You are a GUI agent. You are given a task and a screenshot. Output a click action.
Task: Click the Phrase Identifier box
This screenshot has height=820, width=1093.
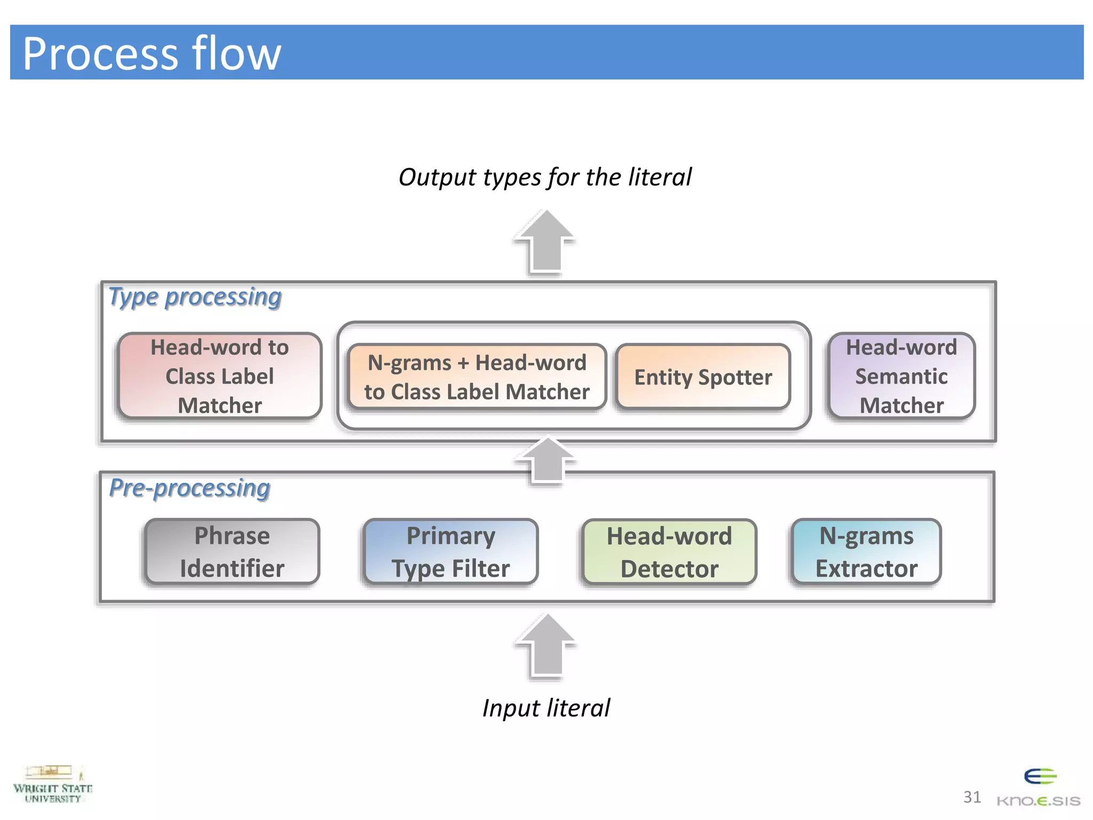(232, 551)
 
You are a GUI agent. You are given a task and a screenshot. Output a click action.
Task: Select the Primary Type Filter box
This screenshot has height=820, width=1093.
(450, 551)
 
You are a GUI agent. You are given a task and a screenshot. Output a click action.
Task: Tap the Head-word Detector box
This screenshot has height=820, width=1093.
(669, 552)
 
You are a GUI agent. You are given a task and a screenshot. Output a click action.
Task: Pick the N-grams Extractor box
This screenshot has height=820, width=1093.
(866, 551)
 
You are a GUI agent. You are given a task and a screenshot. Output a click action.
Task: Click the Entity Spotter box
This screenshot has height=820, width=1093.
(703, 377)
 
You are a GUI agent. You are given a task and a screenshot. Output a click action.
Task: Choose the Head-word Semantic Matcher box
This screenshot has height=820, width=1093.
(901, 376)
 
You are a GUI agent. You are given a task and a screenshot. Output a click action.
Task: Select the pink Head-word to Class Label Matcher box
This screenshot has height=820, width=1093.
(219, 376)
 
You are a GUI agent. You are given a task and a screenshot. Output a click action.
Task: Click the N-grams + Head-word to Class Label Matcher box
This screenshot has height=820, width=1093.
(477, 377)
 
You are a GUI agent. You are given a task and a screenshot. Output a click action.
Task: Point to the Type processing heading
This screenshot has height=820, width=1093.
(195, 297)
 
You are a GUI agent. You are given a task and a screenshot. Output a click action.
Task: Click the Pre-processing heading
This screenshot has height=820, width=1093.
(189, 488)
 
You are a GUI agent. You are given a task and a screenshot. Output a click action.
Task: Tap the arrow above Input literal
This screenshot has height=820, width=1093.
(546, 646)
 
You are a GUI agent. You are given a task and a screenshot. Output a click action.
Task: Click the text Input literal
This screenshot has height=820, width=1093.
(546, 708)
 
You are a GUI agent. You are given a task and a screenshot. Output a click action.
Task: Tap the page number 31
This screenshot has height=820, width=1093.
(972, 797)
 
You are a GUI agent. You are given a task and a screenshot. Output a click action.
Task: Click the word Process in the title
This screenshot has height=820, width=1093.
(100, 53)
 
